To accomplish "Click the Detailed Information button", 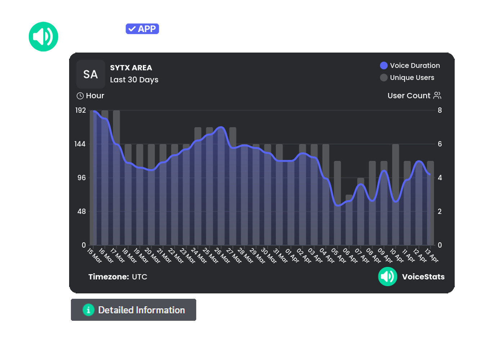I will pos(134,310).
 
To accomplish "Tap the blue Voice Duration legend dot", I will pos(384,66).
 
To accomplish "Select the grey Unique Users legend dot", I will pos(384,77).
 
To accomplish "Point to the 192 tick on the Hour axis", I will pos(81,110).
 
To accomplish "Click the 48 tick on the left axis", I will pos(82,211).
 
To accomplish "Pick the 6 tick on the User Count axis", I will pos(440,144).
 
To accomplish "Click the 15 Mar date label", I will pos(95,256).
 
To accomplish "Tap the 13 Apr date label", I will pos(432,255).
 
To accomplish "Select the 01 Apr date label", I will pos(292,255).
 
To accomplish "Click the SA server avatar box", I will pos(91,74).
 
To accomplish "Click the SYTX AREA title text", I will pos(131,68).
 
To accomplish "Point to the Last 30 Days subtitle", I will pos(134,80).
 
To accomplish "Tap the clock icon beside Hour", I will pos(80,96).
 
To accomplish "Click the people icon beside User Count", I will pos(437,95).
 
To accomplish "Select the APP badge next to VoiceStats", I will pos(143,29).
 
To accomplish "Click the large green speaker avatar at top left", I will pos(44,36).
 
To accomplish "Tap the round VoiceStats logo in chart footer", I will pos(388,276).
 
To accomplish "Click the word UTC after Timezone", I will pos(139,277).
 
